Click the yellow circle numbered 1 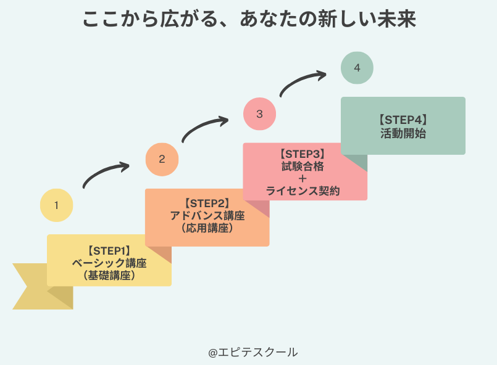56,205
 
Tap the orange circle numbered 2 162,159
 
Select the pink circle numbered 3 259,113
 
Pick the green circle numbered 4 357,68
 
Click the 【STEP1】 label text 109,250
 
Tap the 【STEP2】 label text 207,203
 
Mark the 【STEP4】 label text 403,120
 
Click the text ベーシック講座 109,263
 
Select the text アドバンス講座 207,216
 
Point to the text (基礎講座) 109,276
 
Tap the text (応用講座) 207,228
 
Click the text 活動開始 403,133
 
